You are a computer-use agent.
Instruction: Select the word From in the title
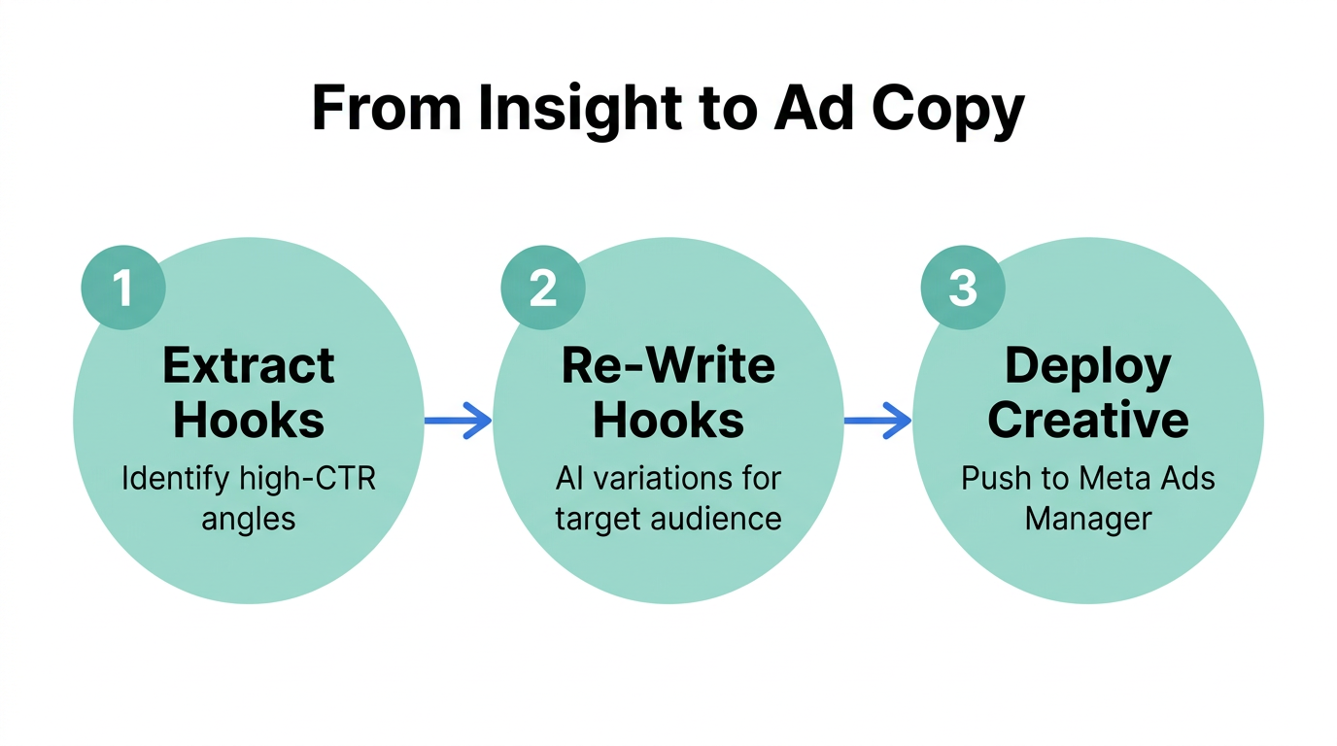coord(386,110)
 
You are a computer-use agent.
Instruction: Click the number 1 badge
coord(123,288)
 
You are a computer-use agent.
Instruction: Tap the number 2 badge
coord(543,288)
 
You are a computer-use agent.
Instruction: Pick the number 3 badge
coord(962,288)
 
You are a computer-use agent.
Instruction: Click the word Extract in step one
coord(249,366)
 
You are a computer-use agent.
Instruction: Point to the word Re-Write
coord(668,366)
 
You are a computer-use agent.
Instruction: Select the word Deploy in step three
coord(1087,366)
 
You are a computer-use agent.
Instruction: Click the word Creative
coord(1087,421)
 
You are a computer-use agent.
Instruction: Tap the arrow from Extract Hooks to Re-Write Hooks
coord(458,421)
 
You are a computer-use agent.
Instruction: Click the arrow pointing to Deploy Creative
coord(877,421)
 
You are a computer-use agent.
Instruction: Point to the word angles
coord(249,518)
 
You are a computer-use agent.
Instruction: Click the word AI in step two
coord(568,479)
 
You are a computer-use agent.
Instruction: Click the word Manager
coord(1087,518)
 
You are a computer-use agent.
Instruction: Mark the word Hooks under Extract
coord(249,421)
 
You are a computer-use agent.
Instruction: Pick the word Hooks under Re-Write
coord(668,421)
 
